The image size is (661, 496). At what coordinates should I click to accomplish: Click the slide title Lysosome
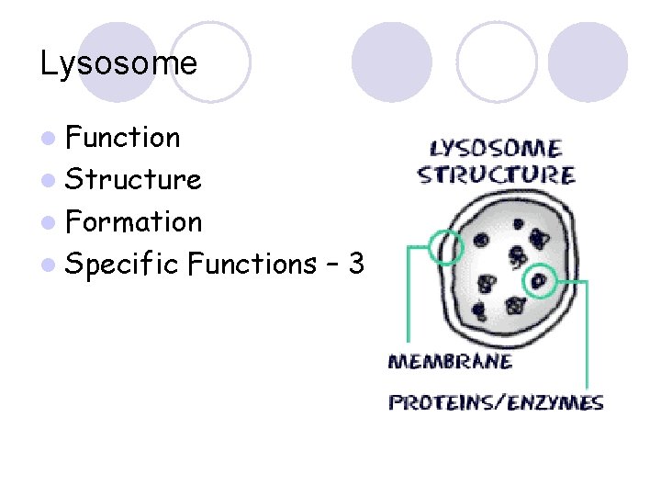[x=118, y=63]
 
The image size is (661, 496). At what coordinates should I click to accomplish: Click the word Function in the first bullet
[x=123, y=138]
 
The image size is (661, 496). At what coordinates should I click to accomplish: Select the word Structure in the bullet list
[x=133, y=179]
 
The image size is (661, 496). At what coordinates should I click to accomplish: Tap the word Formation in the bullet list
[x=133, y=221]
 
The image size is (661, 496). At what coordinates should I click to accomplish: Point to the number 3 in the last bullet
[x=356, y=265]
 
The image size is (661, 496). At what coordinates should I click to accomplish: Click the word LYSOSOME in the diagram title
[x=497, y=149]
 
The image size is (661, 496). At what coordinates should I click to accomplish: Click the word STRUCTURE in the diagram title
[x=497, y=175]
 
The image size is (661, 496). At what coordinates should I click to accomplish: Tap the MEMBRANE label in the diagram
[x=451, y=361]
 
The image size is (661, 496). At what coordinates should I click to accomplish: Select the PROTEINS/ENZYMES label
[x=497, y=402]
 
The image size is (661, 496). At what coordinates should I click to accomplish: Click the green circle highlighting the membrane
[x=446, y=247]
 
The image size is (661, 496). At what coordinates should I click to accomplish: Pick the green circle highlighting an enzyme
[x=540, y=280]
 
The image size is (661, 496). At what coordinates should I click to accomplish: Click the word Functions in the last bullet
[x=252, y=265]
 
